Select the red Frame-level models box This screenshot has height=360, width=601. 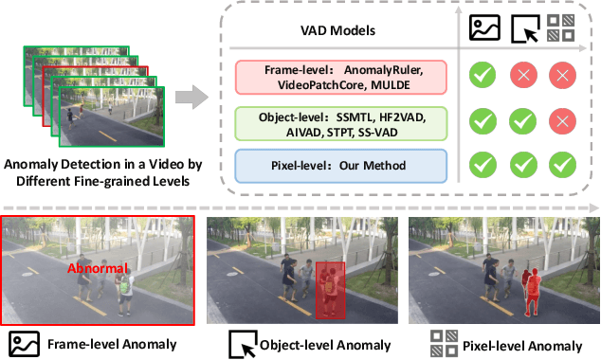(343, 77)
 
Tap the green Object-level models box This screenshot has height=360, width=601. (343, 123)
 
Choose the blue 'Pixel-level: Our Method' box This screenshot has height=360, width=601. (343, 166)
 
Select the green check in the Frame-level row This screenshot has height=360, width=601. (483, 77)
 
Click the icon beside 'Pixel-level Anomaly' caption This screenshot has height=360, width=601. (443, 342)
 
